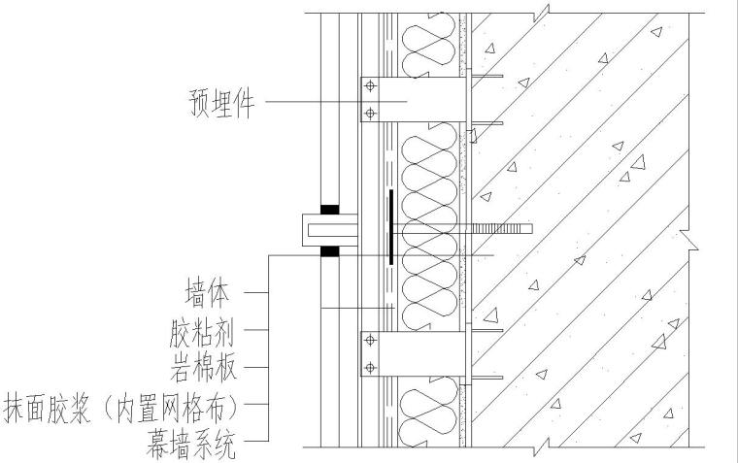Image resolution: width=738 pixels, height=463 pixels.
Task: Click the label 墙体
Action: (x=208, y=291)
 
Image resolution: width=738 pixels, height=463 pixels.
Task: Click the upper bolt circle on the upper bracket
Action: (x=369, y=86)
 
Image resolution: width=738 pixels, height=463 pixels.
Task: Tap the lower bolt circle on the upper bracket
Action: (x=369, y=114)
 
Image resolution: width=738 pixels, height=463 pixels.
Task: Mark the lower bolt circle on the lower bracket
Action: (x=369, y=367)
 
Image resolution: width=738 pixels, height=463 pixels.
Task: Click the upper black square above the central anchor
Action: (x=330, y=209)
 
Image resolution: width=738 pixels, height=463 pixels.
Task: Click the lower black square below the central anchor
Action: (x=330, y=251)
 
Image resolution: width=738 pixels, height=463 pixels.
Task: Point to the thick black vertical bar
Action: (x=390, y=227)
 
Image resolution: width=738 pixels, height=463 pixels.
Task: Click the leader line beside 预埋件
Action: (x=311, y=102)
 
